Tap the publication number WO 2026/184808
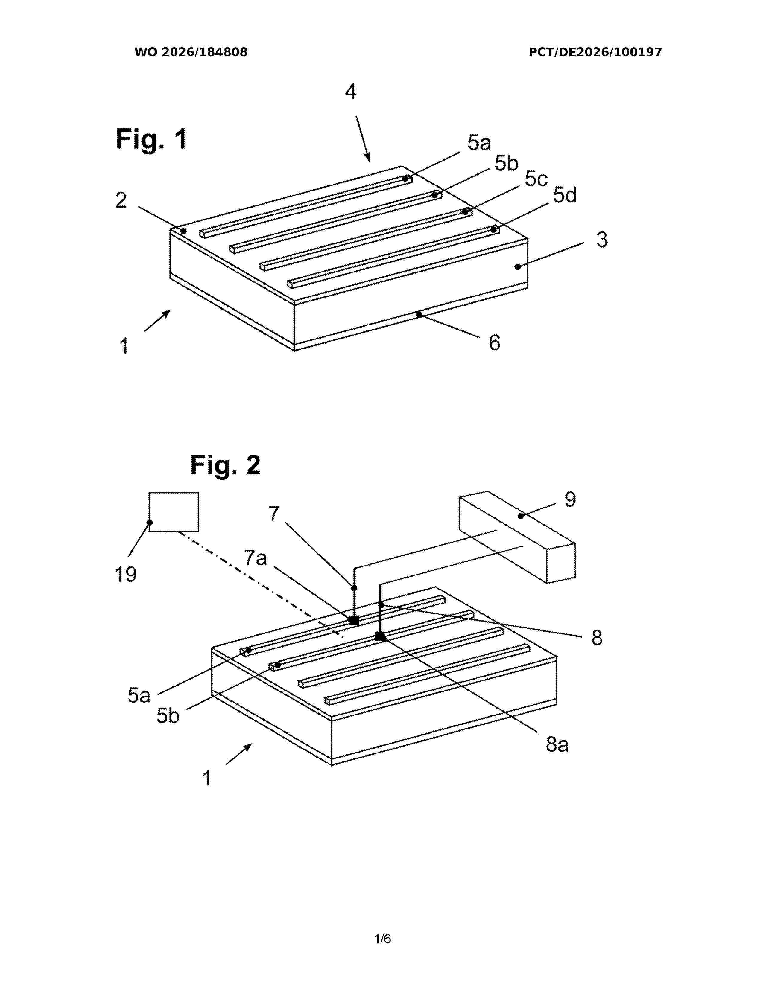(191, 52)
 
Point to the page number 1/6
(382, 939)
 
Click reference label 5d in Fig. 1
(565, 196)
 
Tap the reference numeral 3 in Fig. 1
(602, 240)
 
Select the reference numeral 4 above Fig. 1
(351, 92)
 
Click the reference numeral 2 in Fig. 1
(121, 200)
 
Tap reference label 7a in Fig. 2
(256, 559)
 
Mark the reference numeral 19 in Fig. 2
(126, 574)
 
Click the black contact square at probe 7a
(354, 620)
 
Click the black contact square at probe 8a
(381, 637)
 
